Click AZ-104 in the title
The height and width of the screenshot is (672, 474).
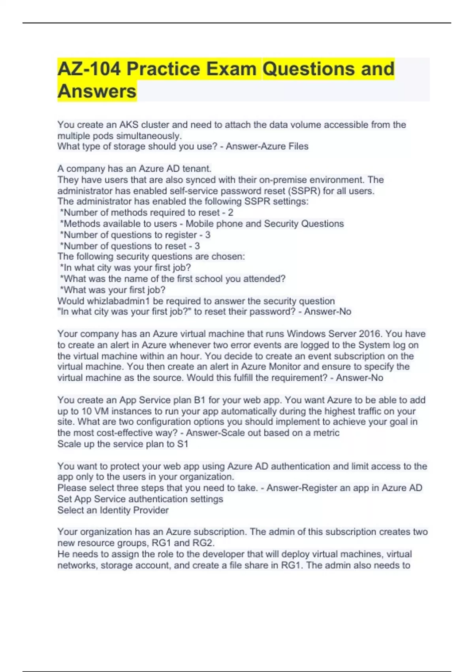coord(89,69)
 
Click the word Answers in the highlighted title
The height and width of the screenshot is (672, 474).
coord(97,91)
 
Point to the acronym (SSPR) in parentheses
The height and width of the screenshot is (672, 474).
coord(305,191)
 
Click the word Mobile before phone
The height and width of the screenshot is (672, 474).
coord(199,224)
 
